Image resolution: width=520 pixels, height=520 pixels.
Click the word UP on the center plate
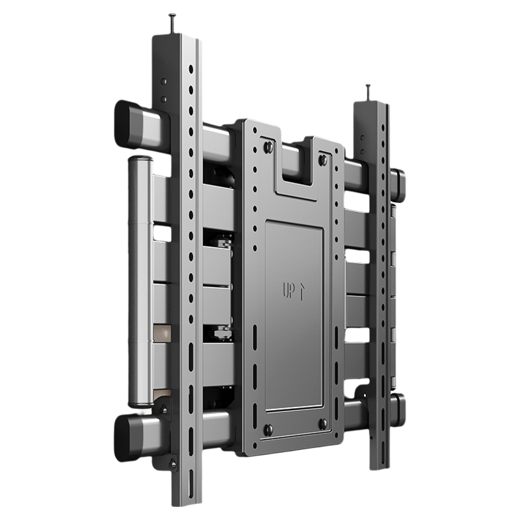(x=288, y=290)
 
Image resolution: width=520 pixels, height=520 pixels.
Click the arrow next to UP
(x=301, y=292)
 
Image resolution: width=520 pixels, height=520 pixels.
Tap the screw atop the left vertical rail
(x=173, y=23)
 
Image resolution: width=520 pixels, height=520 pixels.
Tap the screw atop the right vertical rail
(x=369, y=94)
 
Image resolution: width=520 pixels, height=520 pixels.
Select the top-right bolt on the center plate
(x=322, y=159)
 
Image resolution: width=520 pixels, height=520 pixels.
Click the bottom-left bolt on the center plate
(x=268, y=429)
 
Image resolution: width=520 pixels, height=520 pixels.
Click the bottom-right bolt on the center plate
(x=322, y=424)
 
